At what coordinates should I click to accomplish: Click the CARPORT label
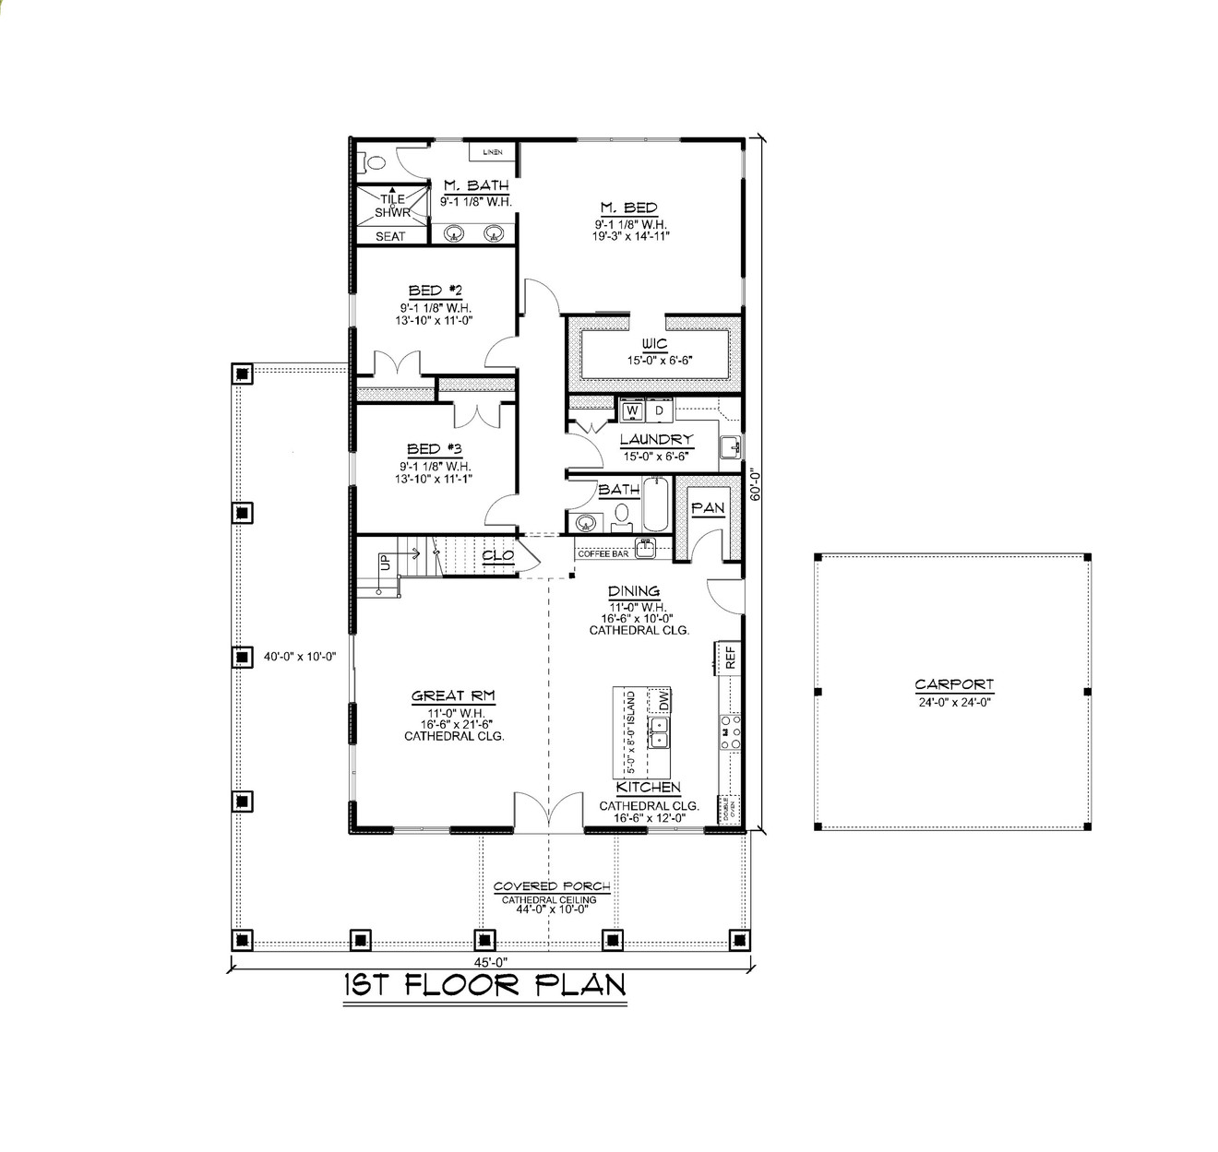click(954, 684)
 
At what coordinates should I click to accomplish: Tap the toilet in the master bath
click(373, 163)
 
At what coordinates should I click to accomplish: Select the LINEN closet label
click(493, 151)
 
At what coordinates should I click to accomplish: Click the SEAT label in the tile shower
click(390, 236)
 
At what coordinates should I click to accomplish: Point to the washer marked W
click(633, 410)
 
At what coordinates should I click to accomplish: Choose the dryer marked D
click(659, 410)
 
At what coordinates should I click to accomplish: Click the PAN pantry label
click(708, 508)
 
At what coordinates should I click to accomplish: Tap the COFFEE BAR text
click(603, 553)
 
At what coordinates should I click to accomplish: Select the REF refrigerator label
click(730, 657)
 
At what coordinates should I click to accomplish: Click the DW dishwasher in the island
click(662, 701)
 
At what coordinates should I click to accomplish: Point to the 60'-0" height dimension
click(756, 483)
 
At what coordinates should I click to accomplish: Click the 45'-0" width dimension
click(492, 961)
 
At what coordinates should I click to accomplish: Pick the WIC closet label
click(654, 344)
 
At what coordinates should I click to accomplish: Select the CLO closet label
click(498, 556)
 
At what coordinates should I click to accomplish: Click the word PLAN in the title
click(580, 984)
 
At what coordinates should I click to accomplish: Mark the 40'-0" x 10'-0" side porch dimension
click(299, 657)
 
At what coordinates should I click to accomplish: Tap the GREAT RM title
click(453, 696)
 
